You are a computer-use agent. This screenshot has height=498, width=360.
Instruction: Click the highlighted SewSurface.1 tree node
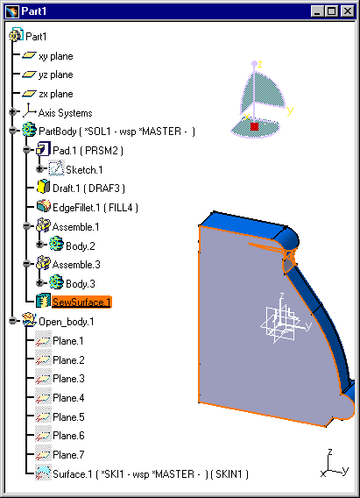point(81,302)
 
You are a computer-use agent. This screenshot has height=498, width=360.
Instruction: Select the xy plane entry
point(56,56)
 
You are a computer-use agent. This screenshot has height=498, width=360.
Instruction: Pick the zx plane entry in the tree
point(56,94)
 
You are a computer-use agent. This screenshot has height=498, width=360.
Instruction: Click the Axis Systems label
point(66,113)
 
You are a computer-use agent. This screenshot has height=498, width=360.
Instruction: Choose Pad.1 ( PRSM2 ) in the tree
point(88,150)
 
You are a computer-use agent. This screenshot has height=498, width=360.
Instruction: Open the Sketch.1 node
point(84,169)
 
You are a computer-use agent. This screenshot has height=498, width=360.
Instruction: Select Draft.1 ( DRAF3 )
point(88,189)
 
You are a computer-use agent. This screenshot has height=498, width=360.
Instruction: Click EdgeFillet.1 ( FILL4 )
point(95,208)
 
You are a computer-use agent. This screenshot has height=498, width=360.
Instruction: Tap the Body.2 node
point(81,246)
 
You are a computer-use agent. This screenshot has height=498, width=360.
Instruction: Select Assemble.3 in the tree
point(76,265)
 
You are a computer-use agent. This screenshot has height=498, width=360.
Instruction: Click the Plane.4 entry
point(68,398)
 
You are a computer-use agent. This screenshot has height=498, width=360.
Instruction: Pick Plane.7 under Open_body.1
point(68,455)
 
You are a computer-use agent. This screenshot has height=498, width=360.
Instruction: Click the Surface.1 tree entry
point(151,474)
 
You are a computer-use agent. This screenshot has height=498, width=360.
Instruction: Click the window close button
point(348,11)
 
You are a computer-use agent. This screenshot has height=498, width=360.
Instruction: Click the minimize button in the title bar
point(317,11)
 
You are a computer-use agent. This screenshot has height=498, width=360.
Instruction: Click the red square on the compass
point(254,126)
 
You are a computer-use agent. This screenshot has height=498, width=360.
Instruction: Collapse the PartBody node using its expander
point(12,131)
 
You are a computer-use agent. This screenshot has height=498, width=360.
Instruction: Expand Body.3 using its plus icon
point(39,282)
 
